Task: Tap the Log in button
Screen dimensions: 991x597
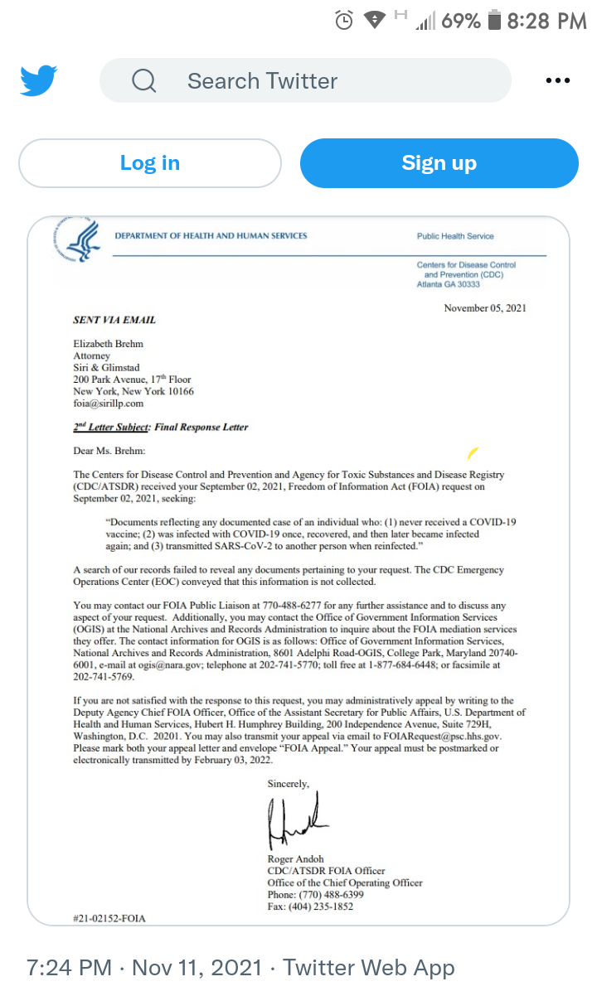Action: point(149,163)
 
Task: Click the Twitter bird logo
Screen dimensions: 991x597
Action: point(39,80)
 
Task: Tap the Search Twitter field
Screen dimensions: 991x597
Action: point(305,80)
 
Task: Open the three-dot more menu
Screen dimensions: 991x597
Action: point(558,80)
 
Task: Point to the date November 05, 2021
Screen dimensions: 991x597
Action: point(485,308)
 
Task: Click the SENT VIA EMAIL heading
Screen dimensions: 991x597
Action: point(114,320)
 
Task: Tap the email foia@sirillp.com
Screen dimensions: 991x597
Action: point(109,404)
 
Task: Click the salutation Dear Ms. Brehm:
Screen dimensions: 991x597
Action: point(109,451)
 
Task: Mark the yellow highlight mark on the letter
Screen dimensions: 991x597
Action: point(473,452)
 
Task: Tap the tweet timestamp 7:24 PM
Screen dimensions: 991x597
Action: point(69,967)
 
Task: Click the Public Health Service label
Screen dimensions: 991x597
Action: point(455,236)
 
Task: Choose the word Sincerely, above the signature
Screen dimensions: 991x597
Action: point(288,783)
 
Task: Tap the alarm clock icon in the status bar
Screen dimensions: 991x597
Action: point(344,21)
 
